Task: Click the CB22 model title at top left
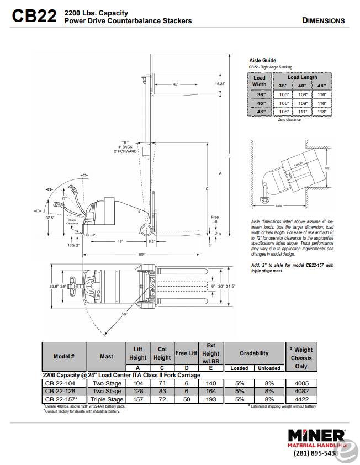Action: (x=34, y=17)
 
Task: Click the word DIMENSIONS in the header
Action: (x=324, y=21)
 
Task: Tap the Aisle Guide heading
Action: (x=262, y=60)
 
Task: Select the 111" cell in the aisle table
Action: (x=302, y=112)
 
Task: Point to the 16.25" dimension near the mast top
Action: (x=220, y=84)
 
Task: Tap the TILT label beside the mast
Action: (x=125, y=142)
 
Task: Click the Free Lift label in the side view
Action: (x=215, y=219)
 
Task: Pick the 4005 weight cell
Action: (x=303, y=383)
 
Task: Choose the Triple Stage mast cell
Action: (x=107, y=399)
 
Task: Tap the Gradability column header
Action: (x=254, y=353)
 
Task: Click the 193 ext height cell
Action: (x=210, y=399)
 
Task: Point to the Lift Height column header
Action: (x=138, y=353)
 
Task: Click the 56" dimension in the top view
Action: (x=125, y=314)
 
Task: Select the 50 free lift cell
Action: (x=186, y=399)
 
